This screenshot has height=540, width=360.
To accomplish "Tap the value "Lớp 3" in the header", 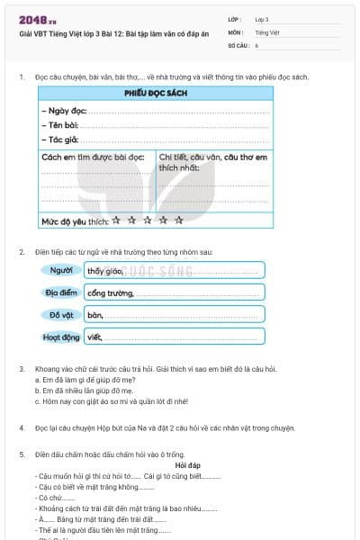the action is pos(262,19).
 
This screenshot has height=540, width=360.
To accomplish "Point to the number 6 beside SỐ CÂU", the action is pos(256,44).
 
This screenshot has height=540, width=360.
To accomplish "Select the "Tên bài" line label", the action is pos(58,125).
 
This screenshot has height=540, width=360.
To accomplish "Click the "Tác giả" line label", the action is pos(58,139).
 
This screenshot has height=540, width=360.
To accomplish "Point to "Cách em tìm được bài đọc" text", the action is pos(93,157).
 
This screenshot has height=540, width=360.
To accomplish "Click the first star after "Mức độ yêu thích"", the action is pos(116,219).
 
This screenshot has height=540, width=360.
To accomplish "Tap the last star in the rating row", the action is pos(179,219).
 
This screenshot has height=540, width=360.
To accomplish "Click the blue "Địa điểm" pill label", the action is pos(62,292).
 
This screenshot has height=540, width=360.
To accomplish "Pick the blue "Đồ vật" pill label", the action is pos(62,315).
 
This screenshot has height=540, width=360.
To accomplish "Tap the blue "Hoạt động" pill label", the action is pos(62,337).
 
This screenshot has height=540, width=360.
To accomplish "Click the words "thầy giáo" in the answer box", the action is pos(104,270).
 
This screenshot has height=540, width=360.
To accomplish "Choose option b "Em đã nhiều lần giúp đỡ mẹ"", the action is pos(82,391).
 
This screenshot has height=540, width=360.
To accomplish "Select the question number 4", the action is pos(21,429).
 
